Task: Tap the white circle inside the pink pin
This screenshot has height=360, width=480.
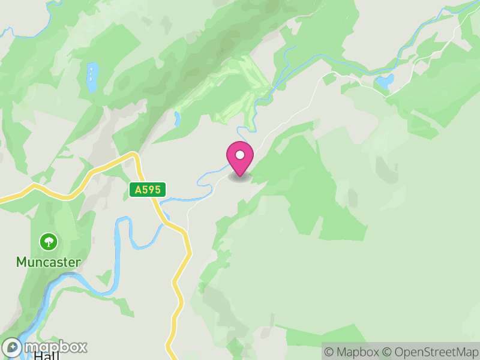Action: coord(240,155)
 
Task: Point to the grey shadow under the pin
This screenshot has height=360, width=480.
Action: coord(240,178)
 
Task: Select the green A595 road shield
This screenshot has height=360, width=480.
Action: coord(147,190)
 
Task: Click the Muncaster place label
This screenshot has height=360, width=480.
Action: coord(48,262)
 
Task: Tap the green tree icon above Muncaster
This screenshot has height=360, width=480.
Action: coord(48,242)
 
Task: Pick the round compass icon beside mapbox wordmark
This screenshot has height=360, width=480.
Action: coord(13,347)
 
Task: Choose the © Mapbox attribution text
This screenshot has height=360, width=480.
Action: coord(352,352)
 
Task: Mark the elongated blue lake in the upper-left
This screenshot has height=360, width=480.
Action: coord(92,76)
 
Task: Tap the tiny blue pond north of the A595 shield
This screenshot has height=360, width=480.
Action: coord(178,119)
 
